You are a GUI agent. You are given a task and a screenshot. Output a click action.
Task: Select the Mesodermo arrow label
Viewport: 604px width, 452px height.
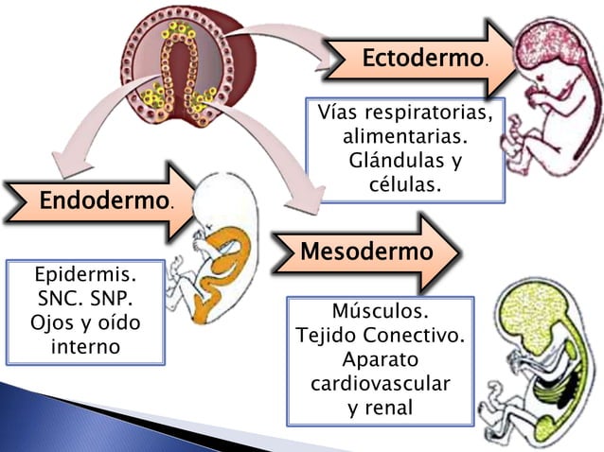366,252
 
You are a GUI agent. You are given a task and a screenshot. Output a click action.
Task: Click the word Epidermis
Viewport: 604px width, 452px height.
85,277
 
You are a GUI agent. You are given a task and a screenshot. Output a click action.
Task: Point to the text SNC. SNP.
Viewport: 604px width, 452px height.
85,300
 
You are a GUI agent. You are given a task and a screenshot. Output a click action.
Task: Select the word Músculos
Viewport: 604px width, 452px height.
380,312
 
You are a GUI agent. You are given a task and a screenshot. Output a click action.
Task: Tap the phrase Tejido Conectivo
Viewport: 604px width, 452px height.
380,336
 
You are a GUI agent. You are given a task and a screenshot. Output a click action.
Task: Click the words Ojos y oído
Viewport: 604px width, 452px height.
85,323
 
